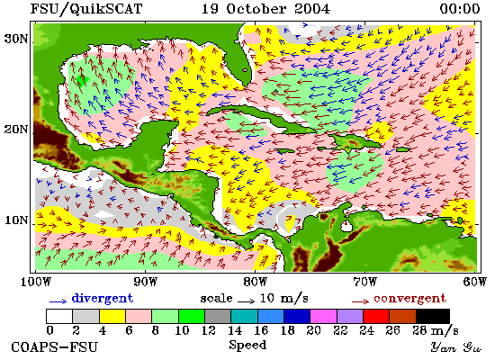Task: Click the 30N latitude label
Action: click(x=16, y=39)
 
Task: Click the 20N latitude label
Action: click(x=16, y=130)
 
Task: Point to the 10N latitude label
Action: click(x=16, y=220)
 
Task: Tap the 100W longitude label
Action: click(x=36, y=282)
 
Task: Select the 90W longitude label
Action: click(x=145, y=282)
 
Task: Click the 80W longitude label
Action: click(x=255, y=282)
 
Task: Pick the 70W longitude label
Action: click(x=364, y=282)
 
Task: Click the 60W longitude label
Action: click(x=475, y=282)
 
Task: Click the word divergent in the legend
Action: click(x=103, y=299)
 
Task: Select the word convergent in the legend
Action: click(x=409, y=299)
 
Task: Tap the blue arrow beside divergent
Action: click(x=58, y=301)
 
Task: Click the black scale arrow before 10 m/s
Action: click(x=246, y=301)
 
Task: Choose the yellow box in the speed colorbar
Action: click(x=112, y=316)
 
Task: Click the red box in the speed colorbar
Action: click(x=376, y=316)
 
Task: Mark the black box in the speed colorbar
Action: click(x=433, y=316)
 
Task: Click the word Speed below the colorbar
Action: click(x=247, y=345)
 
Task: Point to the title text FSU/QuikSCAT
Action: click(x=86, y=8)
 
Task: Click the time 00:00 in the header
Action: click(x=460, y=8)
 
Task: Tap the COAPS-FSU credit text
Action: click(x=54, y=347)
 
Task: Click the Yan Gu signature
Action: click(x=456, y=347)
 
